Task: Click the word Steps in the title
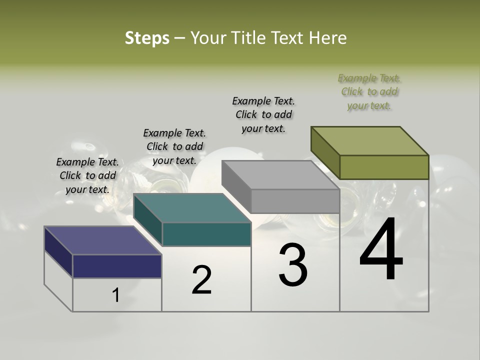coord(147,38)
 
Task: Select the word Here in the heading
coord(328,38)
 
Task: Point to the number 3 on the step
coord(292,265)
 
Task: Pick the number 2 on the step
coord(201,280)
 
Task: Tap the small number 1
coord(116,295)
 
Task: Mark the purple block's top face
coord(103,240)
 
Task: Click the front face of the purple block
coord(117,266)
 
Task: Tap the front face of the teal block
coord(206,234)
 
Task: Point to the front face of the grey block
coord(295,201)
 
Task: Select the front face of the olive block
coord(384,167)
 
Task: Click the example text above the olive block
coord(369,92)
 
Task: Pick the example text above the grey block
coord(263,114)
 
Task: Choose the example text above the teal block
coord(174,147)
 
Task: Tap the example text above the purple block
coord(87,175)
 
